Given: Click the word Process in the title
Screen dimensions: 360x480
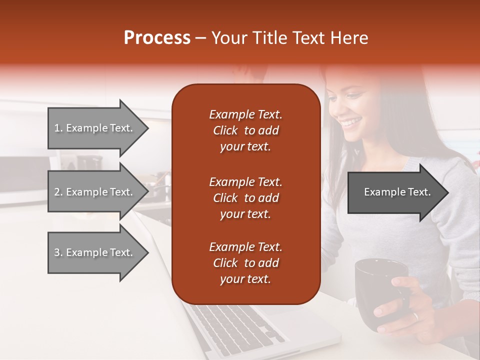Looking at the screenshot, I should point(157,38).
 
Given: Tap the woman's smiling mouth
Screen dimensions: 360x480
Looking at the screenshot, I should point(352,122).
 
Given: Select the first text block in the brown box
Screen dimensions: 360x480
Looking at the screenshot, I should point(245,130).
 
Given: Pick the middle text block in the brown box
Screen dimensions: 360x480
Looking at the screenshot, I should point(245,198).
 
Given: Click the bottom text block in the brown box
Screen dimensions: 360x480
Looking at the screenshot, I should point(245,263).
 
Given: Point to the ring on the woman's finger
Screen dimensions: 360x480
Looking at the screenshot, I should point(414,316).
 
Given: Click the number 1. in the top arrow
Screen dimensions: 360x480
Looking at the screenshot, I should point(58,128).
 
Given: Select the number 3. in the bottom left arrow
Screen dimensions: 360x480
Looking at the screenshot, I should point(58,252).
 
